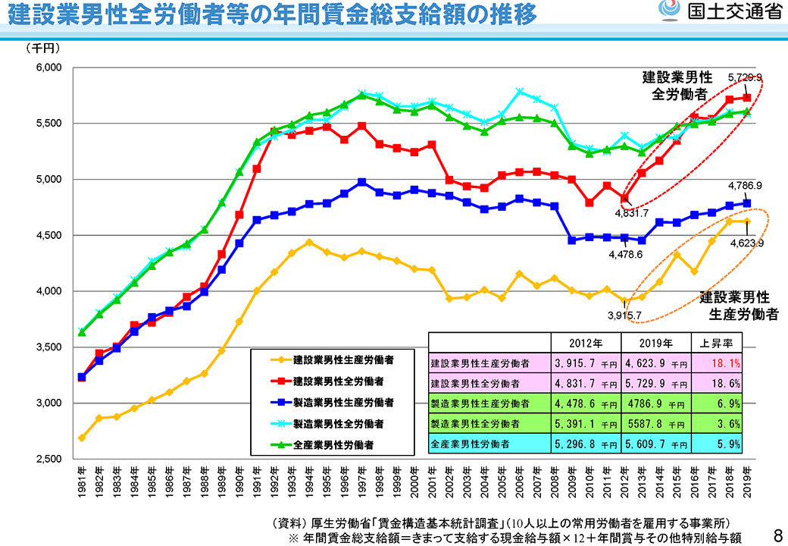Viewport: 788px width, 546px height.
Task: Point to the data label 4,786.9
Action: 743,184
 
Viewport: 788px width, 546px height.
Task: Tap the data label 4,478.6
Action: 626,255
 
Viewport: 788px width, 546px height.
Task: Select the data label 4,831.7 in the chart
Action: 631,213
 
